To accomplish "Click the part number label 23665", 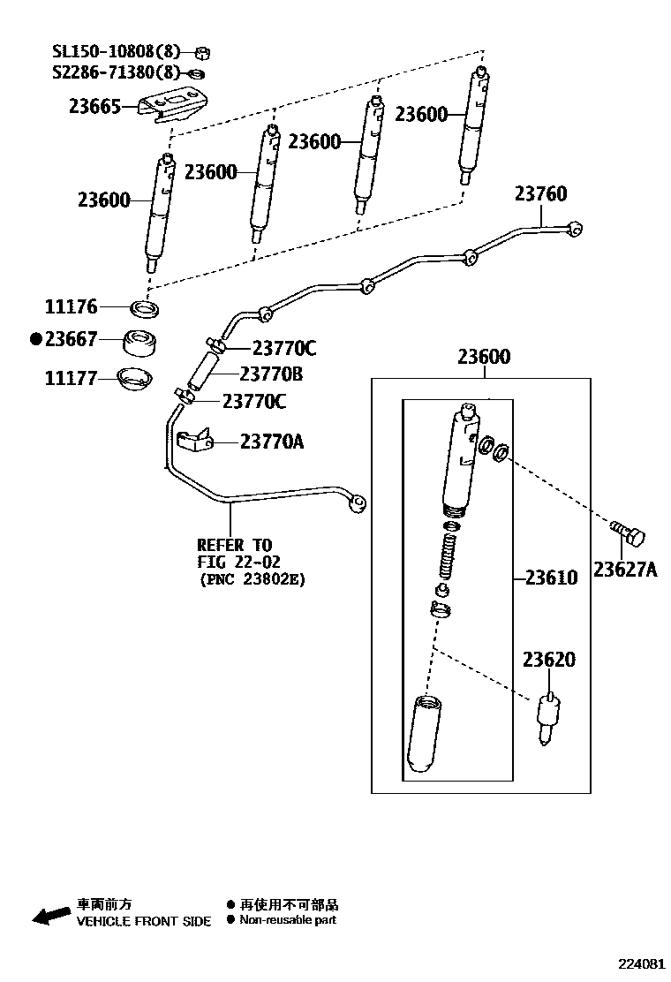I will (94, 107).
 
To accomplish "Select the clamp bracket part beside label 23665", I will (179, 105).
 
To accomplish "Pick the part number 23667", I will (71, 339).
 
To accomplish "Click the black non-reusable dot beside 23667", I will (36, 339).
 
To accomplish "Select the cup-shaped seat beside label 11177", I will (135, 380).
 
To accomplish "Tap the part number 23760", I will (540, 193).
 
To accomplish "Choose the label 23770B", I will (271, 374).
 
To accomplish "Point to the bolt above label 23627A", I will (628, 533).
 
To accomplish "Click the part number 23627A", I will (625, 570).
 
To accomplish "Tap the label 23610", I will (551, 578).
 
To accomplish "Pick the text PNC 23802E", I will (255, 579).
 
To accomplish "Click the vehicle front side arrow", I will (50, 914).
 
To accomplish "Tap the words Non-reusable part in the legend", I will (288, 920).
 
